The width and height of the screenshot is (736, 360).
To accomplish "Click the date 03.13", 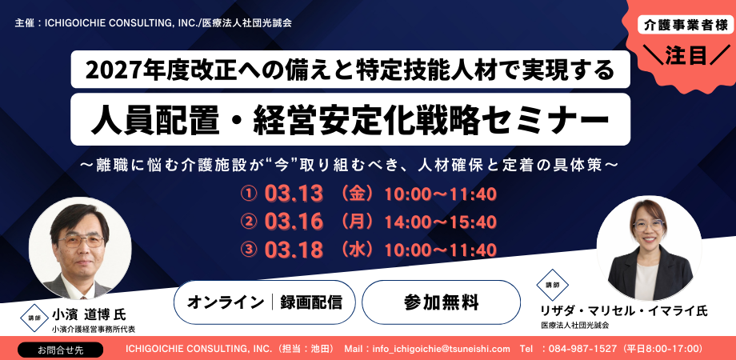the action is [294, 194].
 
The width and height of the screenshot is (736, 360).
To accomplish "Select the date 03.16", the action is [294, 222].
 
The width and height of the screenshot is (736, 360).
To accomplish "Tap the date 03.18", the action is [294, 250].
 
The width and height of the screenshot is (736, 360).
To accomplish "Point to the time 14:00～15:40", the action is [441, 222].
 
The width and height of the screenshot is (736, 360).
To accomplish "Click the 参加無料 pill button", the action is [441, 302].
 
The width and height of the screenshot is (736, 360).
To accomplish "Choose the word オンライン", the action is [226, 302].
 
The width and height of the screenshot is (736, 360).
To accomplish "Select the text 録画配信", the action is [310, 302].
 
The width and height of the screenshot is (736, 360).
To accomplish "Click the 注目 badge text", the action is [686, 56].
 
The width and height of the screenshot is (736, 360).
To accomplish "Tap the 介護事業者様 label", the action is [686, 26].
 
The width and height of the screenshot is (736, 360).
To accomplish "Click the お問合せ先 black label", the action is [60, 350].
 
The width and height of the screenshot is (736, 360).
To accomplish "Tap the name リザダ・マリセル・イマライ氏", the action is [624, 310].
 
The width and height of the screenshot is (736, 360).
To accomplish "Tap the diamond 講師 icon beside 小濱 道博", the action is [34, 318].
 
